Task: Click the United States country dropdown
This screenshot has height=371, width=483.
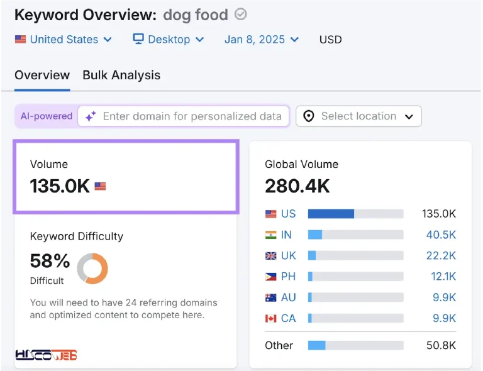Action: pyautogui.click(x=63, y=40)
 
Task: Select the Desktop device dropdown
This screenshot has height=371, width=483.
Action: pyautogui.click(x=169, y=40)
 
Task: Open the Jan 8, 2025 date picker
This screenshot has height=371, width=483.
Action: pyautogui.click(x=262, y=40)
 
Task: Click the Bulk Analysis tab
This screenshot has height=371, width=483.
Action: pyautogui.click(x=121, y=75)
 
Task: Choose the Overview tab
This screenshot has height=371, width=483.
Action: pyautogui.click(x=42, y=75)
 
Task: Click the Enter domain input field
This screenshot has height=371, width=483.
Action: pyautogui.click(x=183, y=116)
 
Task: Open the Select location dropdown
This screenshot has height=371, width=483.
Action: pyautogui.click(x=358, y=116)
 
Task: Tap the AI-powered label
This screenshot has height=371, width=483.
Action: pyautogui.click(x=47, y=116)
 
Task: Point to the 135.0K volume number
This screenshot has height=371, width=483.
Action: pyautogui.click(x=60, y=186)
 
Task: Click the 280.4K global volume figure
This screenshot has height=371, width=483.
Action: pyautogui.click(x=297, y=186)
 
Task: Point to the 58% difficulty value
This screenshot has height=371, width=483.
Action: pyautogui.click(x=50, y=261)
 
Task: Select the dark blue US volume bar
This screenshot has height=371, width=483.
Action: pyautogui.click(x=331, y=214)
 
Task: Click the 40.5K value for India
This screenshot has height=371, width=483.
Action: pyautogui.click(x=441, y=235)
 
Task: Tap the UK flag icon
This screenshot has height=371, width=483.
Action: pyautogui.click(x=271, y=256)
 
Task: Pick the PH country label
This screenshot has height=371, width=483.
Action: pyautogui.click(x=288, y=277)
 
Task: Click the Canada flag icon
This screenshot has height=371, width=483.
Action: pyautogui.click(x=271, y=318)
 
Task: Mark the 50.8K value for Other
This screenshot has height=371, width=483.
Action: pyautogui.click(x=441, y=345)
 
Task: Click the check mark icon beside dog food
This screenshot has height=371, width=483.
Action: pyautogui.click(x=241, y=14)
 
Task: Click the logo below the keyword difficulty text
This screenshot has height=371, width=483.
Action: pyautogui.click(x=46, y=355)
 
